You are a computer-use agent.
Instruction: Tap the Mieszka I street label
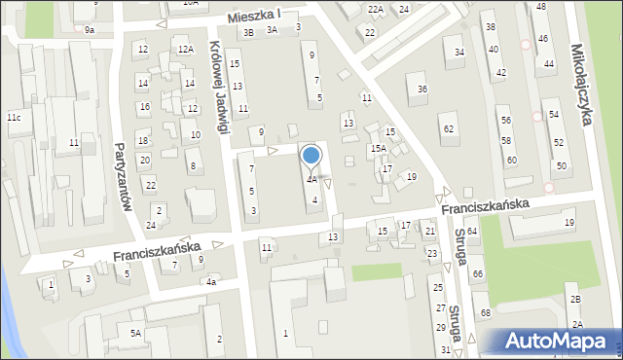254,16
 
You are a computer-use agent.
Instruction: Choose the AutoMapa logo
557,341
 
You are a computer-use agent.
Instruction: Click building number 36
422,90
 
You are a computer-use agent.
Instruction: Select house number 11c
14,118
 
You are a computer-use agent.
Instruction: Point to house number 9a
90,30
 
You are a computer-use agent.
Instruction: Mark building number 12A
185,49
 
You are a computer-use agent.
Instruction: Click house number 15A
378,148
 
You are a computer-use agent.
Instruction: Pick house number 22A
375,9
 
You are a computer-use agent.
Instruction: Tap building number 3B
248,32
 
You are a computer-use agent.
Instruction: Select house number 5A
136,333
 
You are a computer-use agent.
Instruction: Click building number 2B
575,299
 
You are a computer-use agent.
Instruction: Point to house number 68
485,311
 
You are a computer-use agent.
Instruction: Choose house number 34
459,52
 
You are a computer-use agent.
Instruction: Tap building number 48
541,7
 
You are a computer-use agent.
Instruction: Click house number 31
445,349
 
